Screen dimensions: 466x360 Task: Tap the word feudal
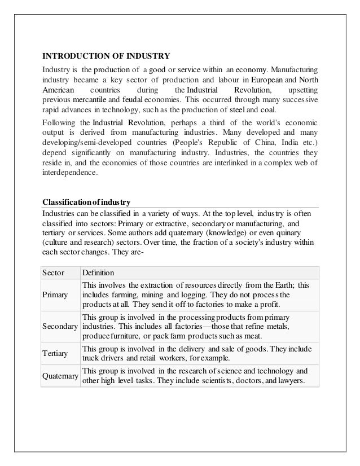pyautogui.click(x=133, y=100)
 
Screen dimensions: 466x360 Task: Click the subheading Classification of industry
pyautogui.click(x=87, y=202)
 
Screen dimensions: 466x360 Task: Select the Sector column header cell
pyautogui.click(x=54, y=272)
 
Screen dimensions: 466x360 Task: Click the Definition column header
pyautogui.click(x=98, y=272)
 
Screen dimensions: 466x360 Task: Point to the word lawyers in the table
pyautogui.click(x=291, y=380)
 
